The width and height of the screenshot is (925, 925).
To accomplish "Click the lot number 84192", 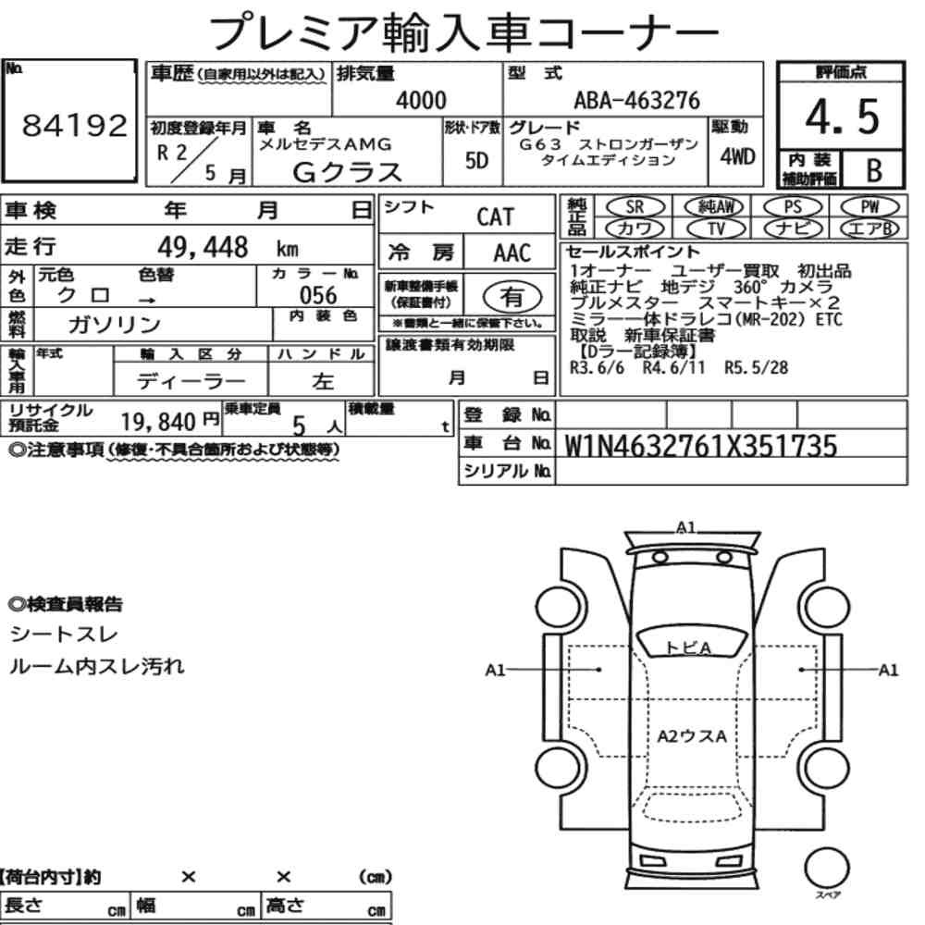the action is coord(74,126).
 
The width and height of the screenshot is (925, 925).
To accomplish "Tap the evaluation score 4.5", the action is coord(842,117).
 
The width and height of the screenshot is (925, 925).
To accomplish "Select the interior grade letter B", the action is coord(874,170).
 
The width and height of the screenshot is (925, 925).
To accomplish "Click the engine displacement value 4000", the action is coord(421,100).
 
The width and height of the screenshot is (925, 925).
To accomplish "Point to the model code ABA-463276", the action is coord(637,100).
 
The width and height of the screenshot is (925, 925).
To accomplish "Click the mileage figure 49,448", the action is coord(203,247).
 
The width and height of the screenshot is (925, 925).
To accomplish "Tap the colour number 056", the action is coord(318,295).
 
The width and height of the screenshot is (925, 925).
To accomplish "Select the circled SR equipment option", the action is coord(635,207).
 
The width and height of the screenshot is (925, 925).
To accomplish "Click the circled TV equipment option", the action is coord(716,228).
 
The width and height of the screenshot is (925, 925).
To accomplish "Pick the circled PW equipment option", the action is coord(870,207).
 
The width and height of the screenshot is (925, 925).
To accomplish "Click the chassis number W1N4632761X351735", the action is coord(701,446).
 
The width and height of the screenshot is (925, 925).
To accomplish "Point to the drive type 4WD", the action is coord(737,157).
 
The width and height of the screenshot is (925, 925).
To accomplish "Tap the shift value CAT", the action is coord(496,217).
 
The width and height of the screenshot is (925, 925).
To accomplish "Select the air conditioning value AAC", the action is coord(512,253).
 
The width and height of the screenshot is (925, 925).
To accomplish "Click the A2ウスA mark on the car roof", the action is coord(691,736).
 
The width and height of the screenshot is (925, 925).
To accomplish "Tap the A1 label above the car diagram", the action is coord(685,527).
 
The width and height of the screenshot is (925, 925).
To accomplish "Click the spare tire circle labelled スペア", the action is coord(826,869).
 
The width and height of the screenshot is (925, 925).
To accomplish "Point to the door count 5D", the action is coord(476,161).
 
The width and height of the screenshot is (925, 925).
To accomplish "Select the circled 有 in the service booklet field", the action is coord(512,297).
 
